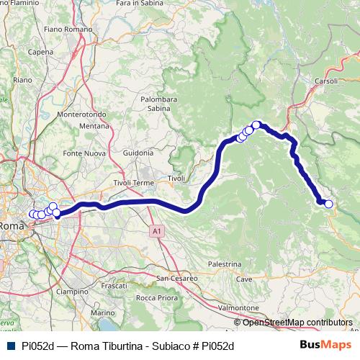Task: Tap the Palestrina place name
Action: tap(224, 264)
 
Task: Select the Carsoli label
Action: tap(326, 82)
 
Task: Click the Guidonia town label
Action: tap(138, 153)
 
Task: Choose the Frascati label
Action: tap(114, 286)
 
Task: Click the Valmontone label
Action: tap(238, 307)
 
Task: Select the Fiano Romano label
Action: tap(69, 29)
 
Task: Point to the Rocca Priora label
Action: tap(156, 297)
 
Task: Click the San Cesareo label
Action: tap(174, 278)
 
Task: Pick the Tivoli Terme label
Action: tap(133, 184)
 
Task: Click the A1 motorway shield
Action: tap(158, 231)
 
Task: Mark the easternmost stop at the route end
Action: tap(329, 204)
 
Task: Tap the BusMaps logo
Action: tap(325, 345)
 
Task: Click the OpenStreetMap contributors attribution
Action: tap(297, 323)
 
